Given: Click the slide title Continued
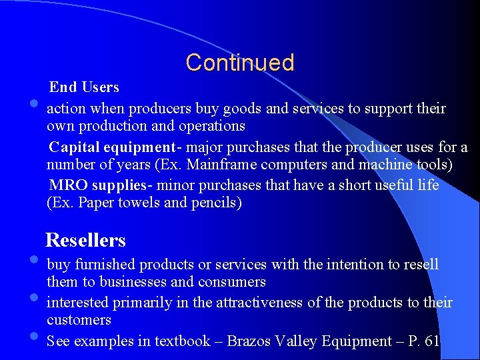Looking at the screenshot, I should [x=240, y=63].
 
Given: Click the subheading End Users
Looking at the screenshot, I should [x=84, y=87].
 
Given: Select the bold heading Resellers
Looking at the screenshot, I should [x=85, y=240].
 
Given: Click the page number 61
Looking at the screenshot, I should [x=432, y=341].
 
